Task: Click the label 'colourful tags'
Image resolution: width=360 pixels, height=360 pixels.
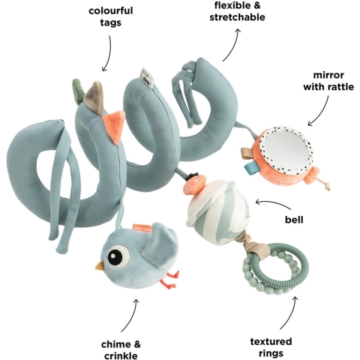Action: [x=111, y=16]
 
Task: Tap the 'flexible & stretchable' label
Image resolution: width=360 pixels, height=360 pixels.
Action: [x=237, y=11]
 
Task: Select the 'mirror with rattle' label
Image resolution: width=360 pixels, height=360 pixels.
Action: [x=328, y=81]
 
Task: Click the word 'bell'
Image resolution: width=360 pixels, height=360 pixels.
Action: [x=294, y=220]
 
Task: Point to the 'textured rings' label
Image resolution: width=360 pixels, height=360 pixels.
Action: [x=271, y=347]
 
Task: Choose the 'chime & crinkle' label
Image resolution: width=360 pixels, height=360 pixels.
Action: [x=121, y=349]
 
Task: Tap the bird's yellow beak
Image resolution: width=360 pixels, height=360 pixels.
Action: [x=100, y=265]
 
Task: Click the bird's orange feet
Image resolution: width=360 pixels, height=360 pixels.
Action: [x=170, y=280]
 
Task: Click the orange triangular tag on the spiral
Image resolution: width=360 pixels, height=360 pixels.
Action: [x=115, y=127]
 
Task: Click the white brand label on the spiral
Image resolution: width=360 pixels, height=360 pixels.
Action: [x=146, y=78]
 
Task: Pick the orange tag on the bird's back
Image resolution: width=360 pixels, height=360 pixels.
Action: [x=141, y=227]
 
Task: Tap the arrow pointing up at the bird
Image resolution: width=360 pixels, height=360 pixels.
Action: [x=129, y=315]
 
